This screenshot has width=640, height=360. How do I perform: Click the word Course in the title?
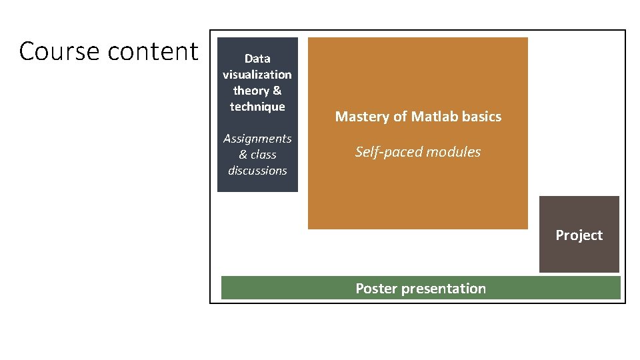(59, 51)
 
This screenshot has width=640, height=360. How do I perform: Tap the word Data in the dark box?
(257, 59)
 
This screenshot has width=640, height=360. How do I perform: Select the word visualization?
(257, 75)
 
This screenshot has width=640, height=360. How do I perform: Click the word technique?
(257, 107)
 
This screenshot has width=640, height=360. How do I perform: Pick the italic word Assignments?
(257, 139)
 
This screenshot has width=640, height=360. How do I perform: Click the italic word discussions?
(257, 171)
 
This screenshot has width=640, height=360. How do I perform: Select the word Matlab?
(436, 117)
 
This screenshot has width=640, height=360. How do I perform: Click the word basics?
(483, 117)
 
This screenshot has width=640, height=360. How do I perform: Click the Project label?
(579, 235)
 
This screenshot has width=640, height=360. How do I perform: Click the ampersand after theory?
(277, 91)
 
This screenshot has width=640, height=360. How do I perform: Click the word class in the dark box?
(264, 155)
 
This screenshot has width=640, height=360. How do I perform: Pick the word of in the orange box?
(400, 117)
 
